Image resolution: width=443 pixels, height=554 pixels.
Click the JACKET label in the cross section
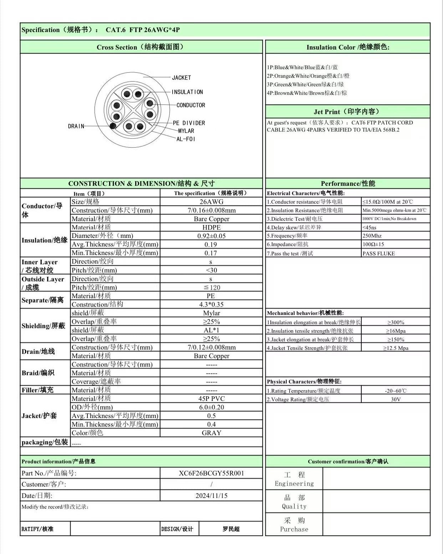pyautogui.click(x=181, y=77)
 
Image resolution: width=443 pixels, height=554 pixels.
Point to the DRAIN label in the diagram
pyautogui.click(x=76, y=126)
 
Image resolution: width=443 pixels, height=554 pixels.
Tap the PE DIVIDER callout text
pyautogui.click(x=189, y=123)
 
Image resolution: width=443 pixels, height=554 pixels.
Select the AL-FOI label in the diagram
pyautogui.click(x=186, y=139)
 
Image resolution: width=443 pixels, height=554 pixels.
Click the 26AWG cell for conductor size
pyautogui.click(x=211, y=202)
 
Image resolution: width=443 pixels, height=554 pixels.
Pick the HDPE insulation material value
pyautogui.click(x=211, y=227)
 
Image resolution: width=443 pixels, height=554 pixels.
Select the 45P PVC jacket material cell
pyautogui.click(x=211, y=398)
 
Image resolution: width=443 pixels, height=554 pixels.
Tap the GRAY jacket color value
pyautogui.click(x=211, y=433)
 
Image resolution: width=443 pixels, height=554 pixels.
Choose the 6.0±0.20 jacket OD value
pyautogui.click(x=211, y=407)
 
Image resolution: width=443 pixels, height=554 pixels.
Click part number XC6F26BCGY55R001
pyautogui.click(x=211, y=473)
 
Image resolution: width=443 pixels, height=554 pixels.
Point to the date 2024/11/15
pyautogui.click(x=211, y=495)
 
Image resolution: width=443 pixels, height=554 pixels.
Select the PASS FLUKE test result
pyautogui.click(x=378, y=253)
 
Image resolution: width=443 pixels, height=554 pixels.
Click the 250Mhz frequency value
pyautogui.click(x=372, y=236)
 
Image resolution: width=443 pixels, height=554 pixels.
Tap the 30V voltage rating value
pyautogui.click(x=396, y=400)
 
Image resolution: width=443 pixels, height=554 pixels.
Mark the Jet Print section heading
pyautogui.click(x=347, y=112)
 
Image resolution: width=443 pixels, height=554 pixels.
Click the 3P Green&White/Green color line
pyautogui.click(x=305, y=85)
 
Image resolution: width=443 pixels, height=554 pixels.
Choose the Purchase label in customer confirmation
pyautogui.click(x=294, y=529)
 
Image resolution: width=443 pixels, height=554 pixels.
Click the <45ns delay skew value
pyautogui.click(x=369, y=227)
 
